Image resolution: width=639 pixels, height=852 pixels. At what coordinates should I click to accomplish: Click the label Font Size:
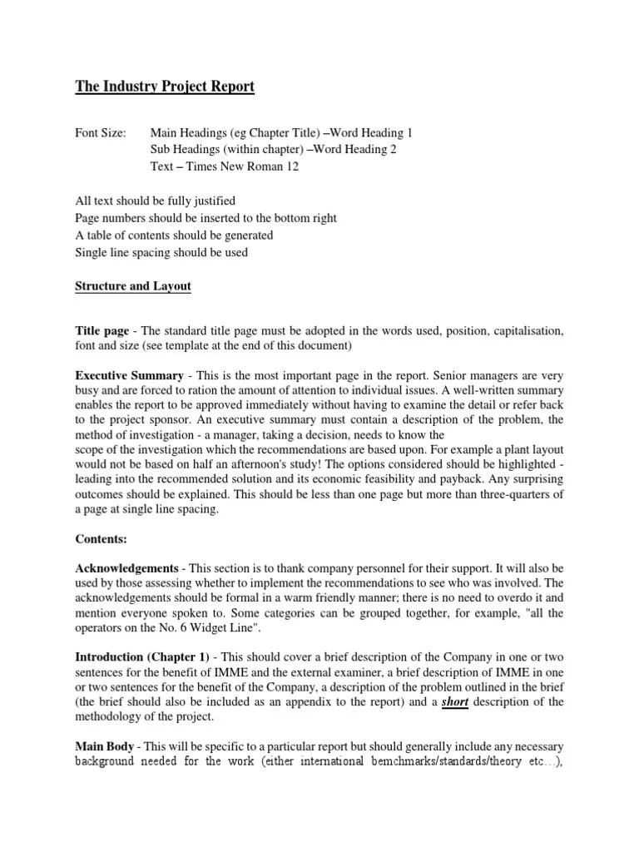[101, 133]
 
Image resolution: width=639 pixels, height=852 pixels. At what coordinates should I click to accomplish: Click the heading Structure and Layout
[133, 285]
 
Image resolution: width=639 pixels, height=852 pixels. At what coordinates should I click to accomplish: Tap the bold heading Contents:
[101, 539]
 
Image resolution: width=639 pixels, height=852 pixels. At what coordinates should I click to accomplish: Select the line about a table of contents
[174, 235]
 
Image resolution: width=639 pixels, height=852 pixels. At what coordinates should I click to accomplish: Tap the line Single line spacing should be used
[161, 252]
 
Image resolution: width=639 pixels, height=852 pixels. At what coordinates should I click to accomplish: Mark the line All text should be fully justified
[156, 201]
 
